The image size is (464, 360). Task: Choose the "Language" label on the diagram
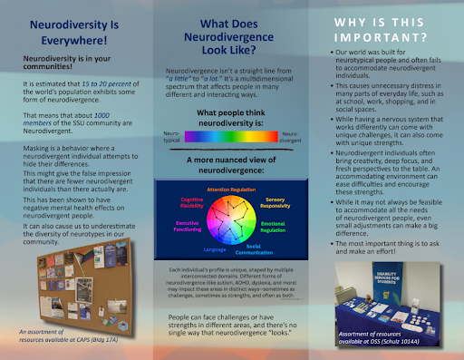click(x=215, y=248)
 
